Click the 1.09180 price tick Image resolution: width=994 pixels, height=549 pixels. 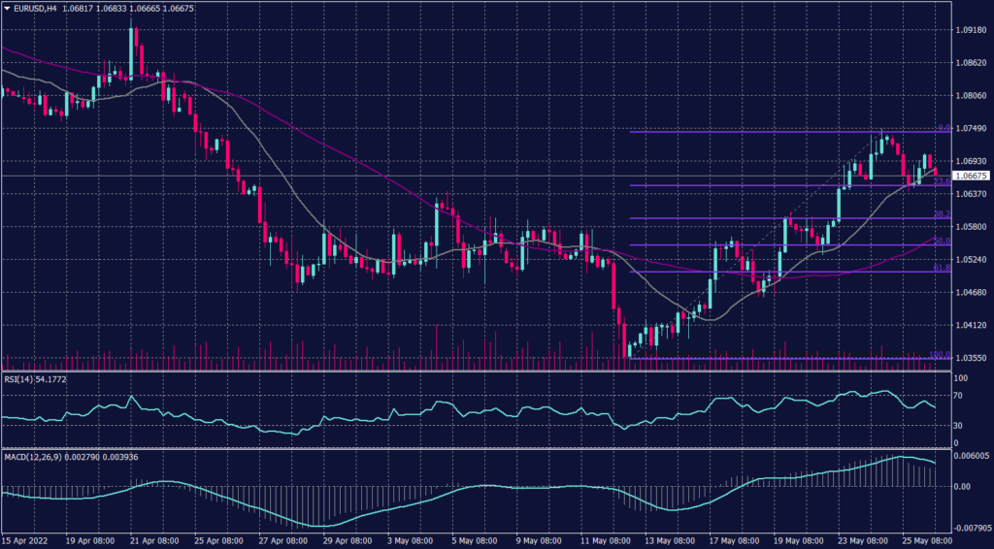(x=971, y=30)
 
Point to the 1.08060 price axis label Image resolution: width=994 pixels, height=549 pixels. (x=971, y=96)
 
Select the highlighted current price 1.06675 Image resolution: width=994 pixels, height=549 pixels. (x=971, y=176)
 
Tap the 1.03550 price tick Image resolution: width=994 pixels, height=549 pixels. (x=971, y=358)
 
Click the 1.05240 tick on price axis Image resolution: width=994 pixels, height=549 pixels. (x=971, y=260)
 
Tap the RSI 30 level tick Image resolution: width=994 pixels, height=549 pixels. (x=959, y=426)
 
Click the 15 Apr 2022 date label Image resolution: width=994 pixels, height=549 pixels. (x=25, y=540)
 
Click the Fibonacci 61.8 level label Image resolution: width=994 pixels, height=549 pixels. (x=941, y=268)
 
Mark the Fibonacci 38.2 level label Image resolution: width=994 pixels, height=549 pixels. (x=941, y=213)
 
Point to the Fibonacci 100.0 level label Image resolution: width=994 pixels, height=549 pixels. (x=939, y=355)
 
